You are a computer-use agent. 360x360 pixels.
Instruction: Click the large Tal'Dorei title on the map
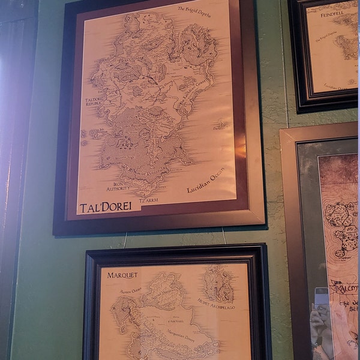pyautogui.click(x=110, y=207)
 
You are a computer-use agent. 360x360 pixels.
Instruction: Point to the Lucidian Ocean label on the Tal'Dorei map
pyautogui.click(x=208, y=181)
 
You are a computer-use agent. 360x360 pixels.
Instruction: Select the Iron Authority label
pyautogui.click(x=118, y=187)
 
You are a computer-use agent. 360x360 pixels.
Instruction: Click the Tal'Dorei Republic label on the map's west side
pyautogui.click(x=94, y=102)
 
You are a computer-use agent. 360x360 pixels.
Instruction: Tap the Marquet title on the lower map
pyautogui.click(x=122, y=275)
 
